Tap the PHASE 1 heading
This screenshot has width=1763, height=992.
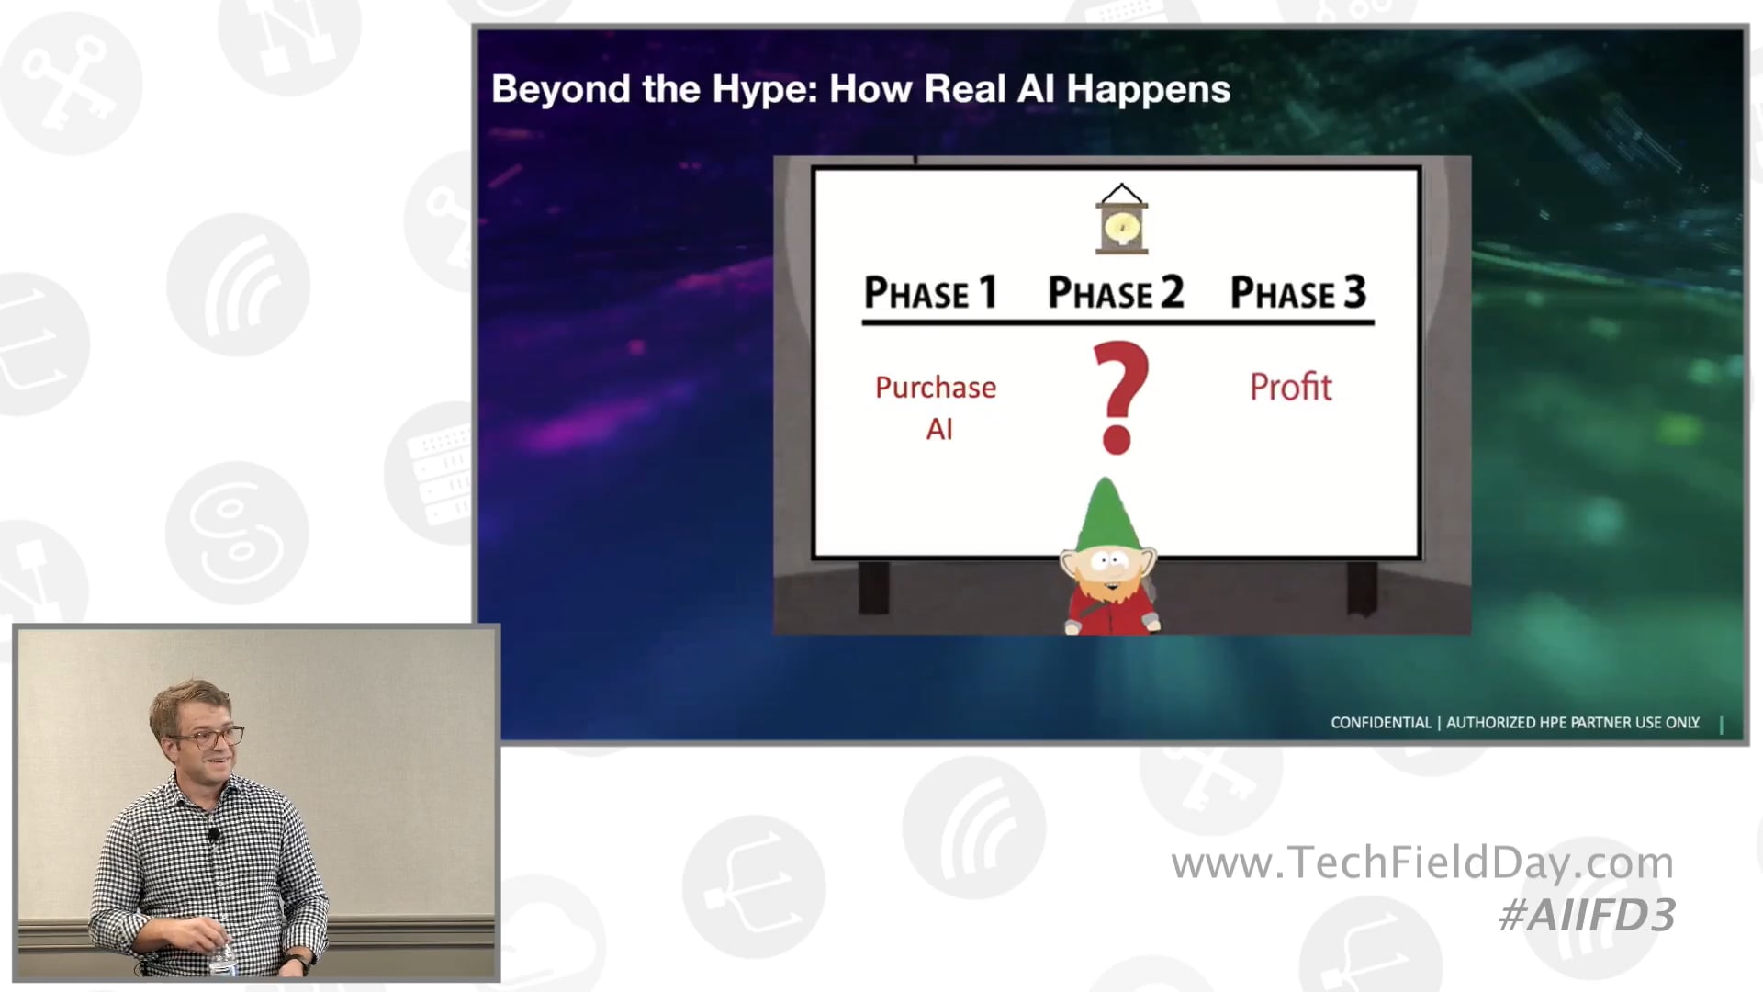929,293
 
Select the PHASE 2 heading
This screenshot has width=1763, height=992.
1115,293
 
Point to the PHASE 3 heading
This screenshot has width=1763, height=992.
1297,293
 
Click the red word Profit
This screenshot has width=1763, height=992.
1290,387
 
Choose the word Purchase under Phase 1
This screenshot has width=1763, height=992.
935,387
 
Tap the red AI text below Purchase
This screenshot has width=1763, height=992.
938,429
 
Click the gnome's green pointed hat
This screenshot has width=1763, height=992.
1106,514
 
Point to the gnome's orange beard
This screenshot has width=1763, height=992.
1110,587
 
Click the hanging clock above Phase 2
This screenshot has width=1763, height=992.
1121,221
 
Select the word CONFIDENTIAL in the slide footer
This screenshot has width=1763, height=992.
1380,723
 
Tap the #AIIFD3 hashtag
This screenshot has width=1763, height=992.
1587,915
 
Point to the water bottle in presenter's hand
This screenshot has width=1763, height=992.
221,955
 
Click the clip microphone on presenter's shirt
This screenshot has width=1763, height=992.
214,835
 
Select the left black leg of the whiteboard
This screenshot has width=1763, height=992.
873,587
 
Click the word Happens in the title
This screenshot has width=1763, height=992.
1148,90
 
